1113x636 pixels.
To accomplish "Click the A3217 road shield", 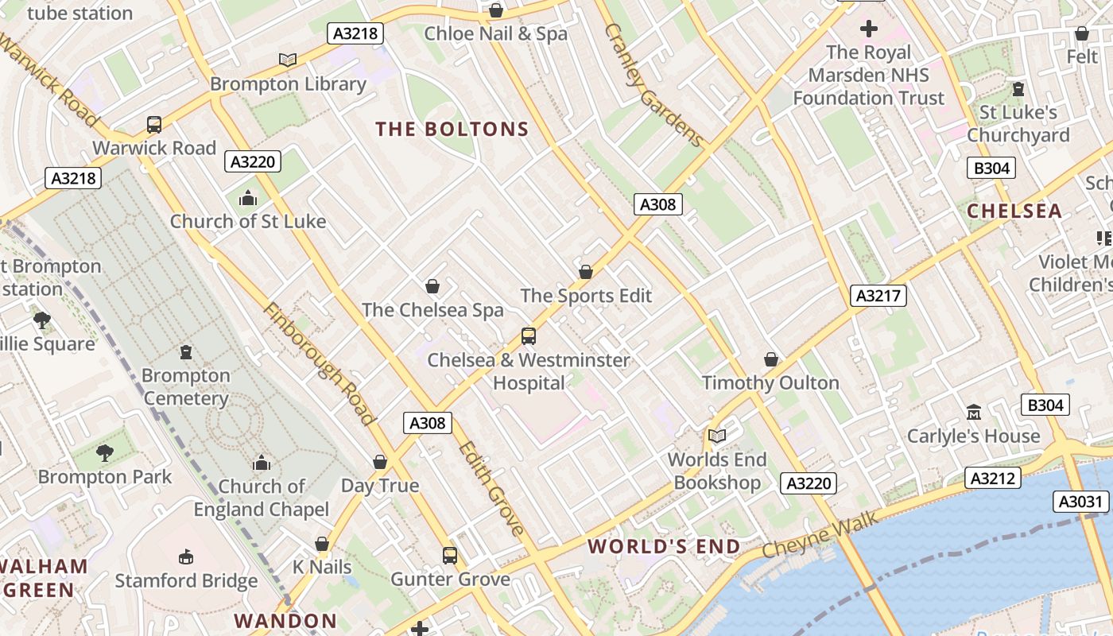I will [878, 296].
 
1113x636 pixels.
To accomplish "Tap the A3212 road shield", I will [992, 478].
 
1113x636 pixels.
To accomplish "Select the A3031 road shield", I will [1081, 502].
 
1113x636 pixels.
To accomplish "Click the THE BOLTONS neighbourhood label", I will [452, 129].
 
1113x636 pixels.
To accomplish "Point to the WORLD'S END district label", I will [664, 547].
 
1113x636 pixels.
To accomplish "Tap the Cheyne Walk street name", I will [820, 534].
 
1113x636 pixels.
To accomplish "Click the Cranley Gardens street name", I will [653, 85].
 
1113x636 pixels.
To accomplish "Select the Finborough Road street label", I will [319, 363].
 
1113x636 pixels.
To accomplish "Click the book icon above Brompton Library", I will [288, 60].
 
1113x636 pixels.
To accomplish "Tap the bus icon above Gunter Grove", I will [450, 555].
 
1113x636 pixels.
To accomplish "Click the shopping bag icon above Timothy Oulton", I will [770, 359].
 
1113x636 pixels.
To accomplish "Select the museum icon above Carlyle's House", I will [974, 412].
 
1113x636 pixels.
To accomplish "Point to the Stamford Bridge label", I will [186, 580].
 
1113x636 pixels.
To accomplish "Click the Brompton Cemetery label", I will [186, 386].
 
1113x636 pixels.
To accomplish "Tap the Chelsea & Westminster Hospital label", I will [529, 371].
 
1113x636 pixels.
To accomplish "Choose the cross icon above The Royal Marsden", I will [869, 29].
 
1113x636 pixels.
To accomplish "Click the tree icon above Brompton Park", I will [104, 453].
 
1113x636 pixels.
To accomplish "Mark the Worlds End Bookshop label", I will [717, 471].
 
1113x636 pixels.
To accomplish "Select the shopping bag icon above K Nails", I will [322, 544].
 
